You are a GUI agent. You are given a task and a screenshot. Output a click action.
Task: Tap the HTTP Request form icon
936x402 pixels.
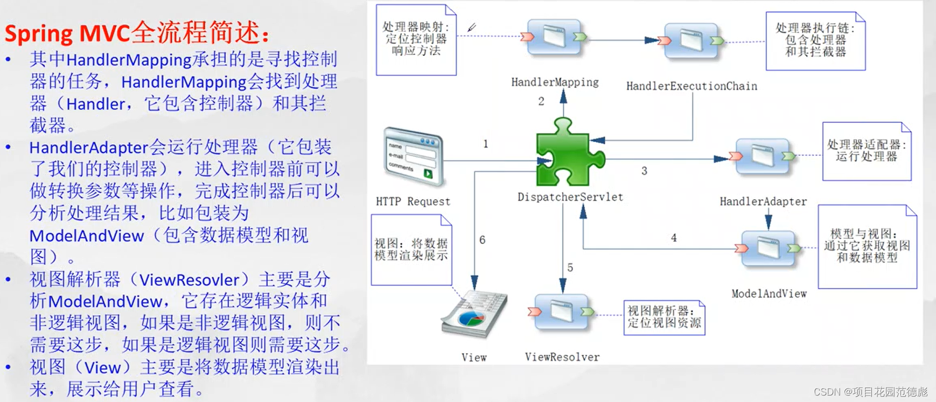tap(414, 157)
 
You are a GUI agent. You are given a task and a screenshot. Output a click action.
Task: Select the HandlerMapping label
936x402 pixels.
tap(555, 82)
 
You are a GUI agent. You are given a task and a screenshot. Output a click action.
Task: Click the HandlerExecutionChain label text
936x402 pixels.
tap(691, 86)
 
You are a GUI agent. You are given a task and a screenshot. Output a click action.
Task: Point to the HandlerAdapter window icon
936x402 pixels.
tap(763, 156)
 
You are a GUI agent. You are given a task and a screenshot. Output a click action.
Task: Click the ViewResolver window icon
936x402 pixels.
tap(562, 312)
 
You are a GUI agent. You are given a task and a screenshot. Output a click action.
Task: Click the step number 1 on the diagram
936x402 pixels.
tap(486, 144)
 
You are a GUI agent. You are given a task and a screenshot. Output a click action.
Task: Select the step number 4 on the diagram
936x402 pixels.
tap(674, 238)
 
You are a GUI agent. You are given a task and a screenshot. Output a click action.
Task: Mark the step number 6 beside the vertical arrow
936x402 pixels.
tap(483, 240)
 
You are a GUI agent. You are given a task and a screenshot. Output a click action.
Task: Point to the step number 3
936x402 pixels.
tap(644, 171)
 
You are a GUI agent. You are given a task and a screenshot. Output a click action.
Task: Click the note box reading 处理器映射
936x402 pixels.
tap(416, 39)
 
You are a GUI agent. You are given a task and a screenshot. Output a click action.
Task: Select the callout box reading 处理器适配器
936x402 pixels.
tap(867, 151)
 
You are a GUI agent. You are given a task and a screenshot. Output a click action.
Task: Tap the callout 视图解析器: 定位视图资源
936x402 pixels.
tap(664, 318)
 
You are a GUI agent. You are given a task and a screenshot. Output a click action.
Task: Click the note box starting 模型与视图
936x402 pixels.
tap(867, 246)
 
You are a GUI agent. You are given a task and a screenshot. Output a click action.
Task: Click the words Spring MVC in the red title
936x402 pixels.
tap(67, 33)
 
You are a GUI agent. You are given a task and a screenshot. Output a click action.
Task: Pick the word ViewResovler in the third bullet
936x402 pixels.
tap(189, 280)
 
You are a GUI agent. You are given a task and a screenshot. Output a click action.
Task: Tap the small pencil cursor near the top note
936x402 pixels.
tap(472, 27)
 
